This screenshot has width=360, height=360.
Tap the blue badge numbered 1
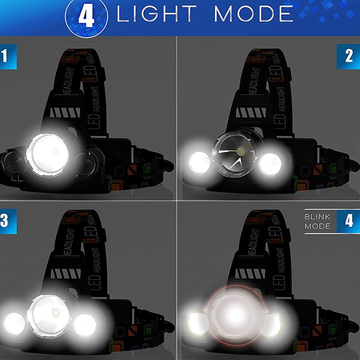click(x=6, y=57)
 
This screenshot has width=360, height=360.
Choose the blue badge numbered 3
click(x=6, y=221)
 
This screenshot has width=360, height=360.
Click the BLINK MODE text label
click(x=317, y=221)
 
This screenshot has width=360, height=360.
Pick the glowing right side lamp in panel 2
click(x=270, y=164)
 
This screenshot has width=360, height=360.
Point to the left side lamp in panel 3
click(x=14, y=323)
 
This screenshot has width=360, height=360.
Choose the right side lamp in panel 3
click(x=85, y=325)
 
